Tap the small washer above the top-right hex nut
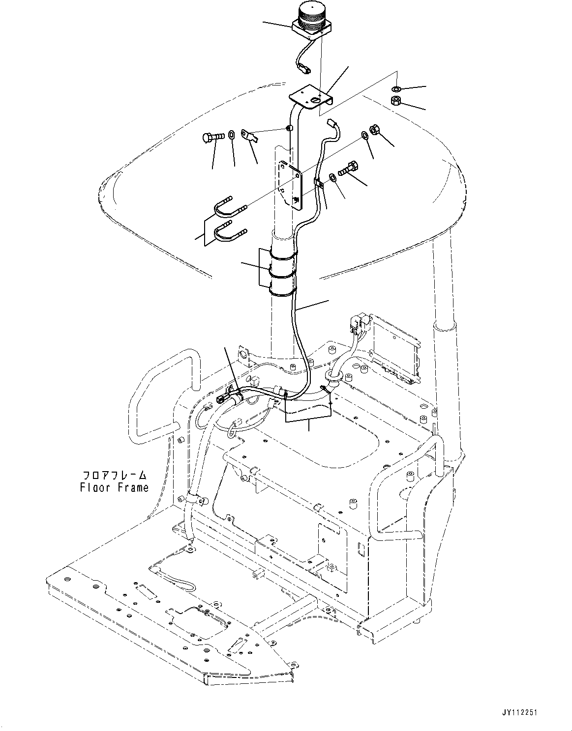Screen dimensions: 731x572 pos(396,89)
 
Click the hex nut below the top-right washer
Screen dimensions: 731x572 pos(397,101)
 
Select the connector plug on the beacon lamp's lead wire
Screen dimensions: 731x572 pos(305,69)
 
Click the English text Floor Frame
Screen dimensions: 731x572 pos(114,488)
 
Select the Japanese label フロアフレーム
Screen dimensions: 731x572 pos(114,476)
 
